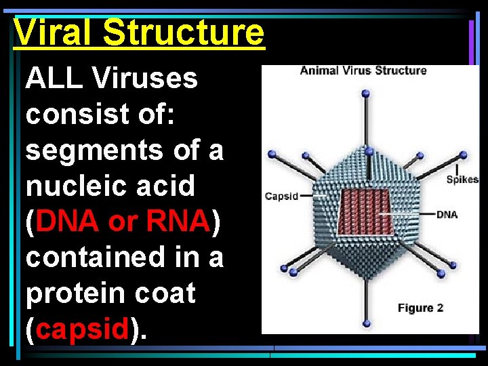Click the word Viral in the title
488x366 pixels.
pyautogui.click(x=54, y=32)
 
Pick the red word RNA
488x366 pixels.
pyautogui.click(x=176, y=222)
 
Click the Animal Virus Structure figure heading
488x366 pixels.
pyautogui.click(x=363, y=70)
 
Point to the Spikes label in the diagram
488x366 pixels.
pyautogui.click(x=462, y=180)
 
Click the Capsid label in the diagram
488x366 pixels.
pyautogui.click(x=281, y=197)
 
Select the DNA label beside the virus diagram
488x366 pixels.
pyautogui.click(x=447, y=215)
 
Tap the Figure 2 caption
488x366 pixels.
pyautogui.click(x=420, y=308)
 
